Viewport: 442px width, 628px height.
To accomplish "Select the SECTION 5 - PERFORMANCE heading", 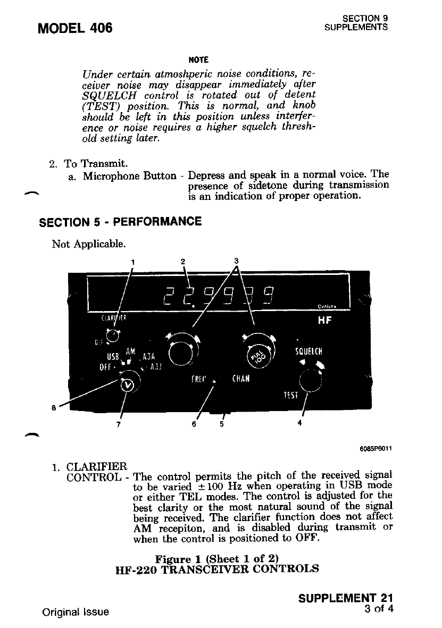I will tap(120, 221).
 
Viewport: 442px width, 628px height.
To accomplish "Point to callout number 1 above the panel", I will tap(133, 261).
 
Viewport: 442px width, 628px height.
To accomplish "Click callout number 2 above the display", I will tap(182, 261).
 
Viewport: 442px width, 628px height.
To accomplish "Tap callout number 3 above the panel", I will tap(237, 261).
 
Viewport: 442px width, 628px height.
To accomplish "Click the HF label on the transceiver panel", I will tap(324, 321).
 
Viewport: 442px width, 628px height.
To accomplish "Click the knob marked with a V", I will tap(127, 385).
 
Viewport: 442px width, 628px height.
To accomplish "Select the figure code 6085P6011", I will tap(376, 447).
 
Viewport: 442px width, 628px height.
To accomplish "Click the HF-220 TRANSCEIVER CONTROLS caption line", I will tap(217, 568).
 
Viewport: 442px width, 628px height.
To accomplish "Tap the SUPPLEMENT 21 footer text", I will tap(346, 598).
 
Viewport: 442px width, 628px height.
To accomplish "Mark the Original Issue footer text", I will tap(76, 612).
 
